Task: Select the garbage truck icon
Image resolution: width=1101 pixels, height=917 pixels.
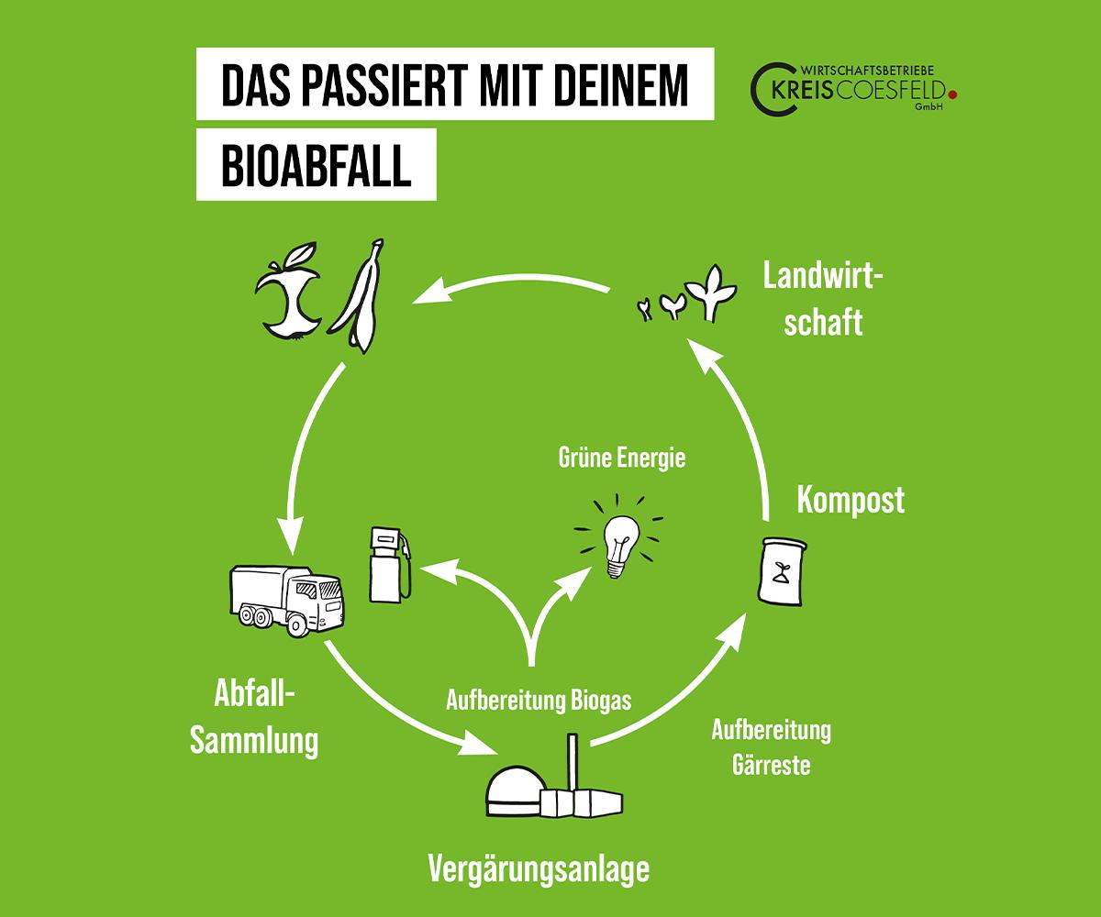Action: (x=286, y=598)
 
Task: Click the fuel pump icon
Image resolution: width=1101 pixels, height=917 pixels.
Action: (x=389, y=564)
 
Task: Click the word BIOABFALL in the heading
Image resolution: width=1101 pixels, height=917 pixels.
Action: (x=316, y=167)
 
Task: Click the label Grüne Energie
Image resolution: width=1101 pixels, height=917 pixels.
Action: (x=621, y=458)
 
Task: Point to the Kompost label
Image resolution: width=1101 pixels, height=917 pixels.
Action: (x=851, y=501)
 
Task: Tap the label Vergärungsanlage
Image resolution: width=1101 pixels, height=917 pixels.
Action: (x=539, y=867)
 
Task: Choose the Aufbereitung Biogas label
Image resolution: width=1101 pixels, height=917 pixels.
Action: (x=539, y=702)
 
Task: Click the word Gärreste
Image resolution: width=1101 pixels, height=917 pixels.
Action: (x=771, y=764)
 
